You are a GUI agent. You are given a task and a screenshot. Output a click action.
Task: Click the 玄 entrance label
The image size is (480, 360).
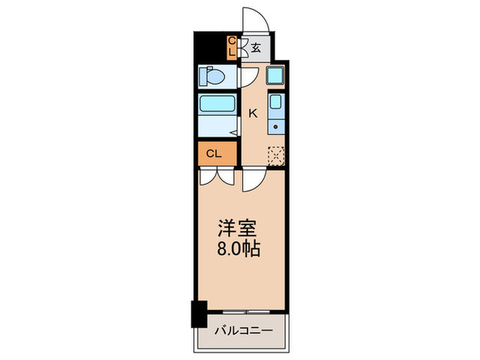point(255,47)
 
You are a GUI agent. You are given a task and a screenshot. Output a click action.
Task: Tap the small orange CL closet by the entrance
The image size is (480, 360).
point(232,47)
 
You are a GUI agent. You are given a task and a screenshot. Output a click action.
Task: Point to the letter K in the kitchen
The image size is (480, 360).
point(252,113)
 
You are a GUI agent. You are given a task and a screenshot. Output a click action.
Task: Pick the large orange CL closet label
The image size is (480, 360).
point(214,154)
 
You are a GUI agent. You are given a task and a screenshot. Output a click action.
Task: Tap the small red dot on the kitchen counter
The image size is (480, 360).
point(275,125)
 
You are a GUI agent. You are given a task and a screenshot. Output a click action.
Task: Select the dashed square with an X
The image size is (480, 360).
point(276,155)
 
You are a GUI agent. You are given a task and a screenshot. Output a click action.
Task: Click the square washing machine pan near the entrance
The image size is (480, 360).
point(276,76)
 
